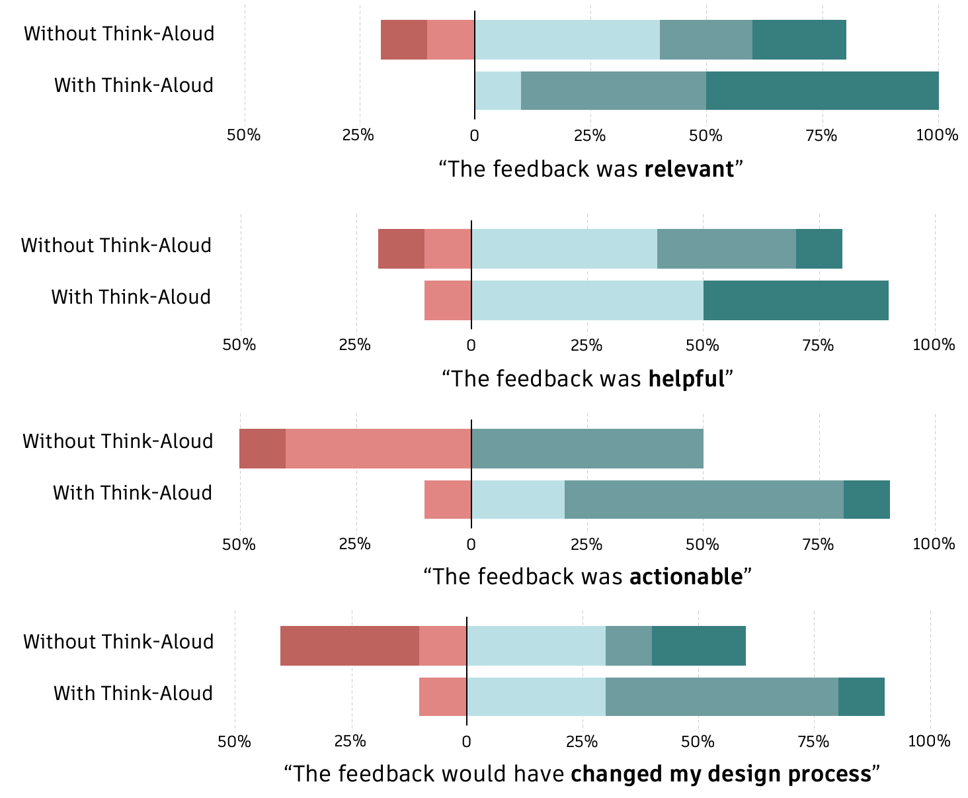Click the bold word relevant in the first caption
tap(689, 169)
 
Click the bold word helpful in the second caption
tap(686, 379)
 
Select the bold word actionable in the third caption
tap(686, 577)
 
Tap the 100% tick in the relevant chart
tap(937, 136)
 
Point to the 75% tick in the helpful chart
tap(818, 345)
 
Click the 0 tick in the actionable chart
tap(471, 545)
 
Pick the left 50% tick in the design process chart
tap(235, 741)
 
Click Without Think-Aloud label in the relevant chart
tap(119, 34)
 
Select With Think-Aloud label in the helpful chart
tap(131, 296)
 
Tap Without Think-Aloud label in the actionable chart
tap(118, 441)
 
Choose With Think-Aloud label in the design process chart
tap(133, 693)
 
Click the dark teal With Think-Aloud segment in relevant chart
tap(822, 90)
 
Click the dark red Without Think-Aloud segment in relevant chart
tap(404, 40)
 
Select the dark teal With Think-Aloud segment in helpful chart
tap(795, 300)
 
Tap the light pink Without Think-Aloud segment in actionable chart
tap(378, 449)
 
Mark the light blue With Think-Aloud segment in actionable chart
tap(518, 500)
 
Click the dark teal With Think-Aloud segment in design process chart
tap(861, 697)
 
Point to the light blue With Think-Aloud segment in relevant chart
tap(498, 90)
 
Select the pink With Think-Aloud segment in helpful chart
tap(448, 300)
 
